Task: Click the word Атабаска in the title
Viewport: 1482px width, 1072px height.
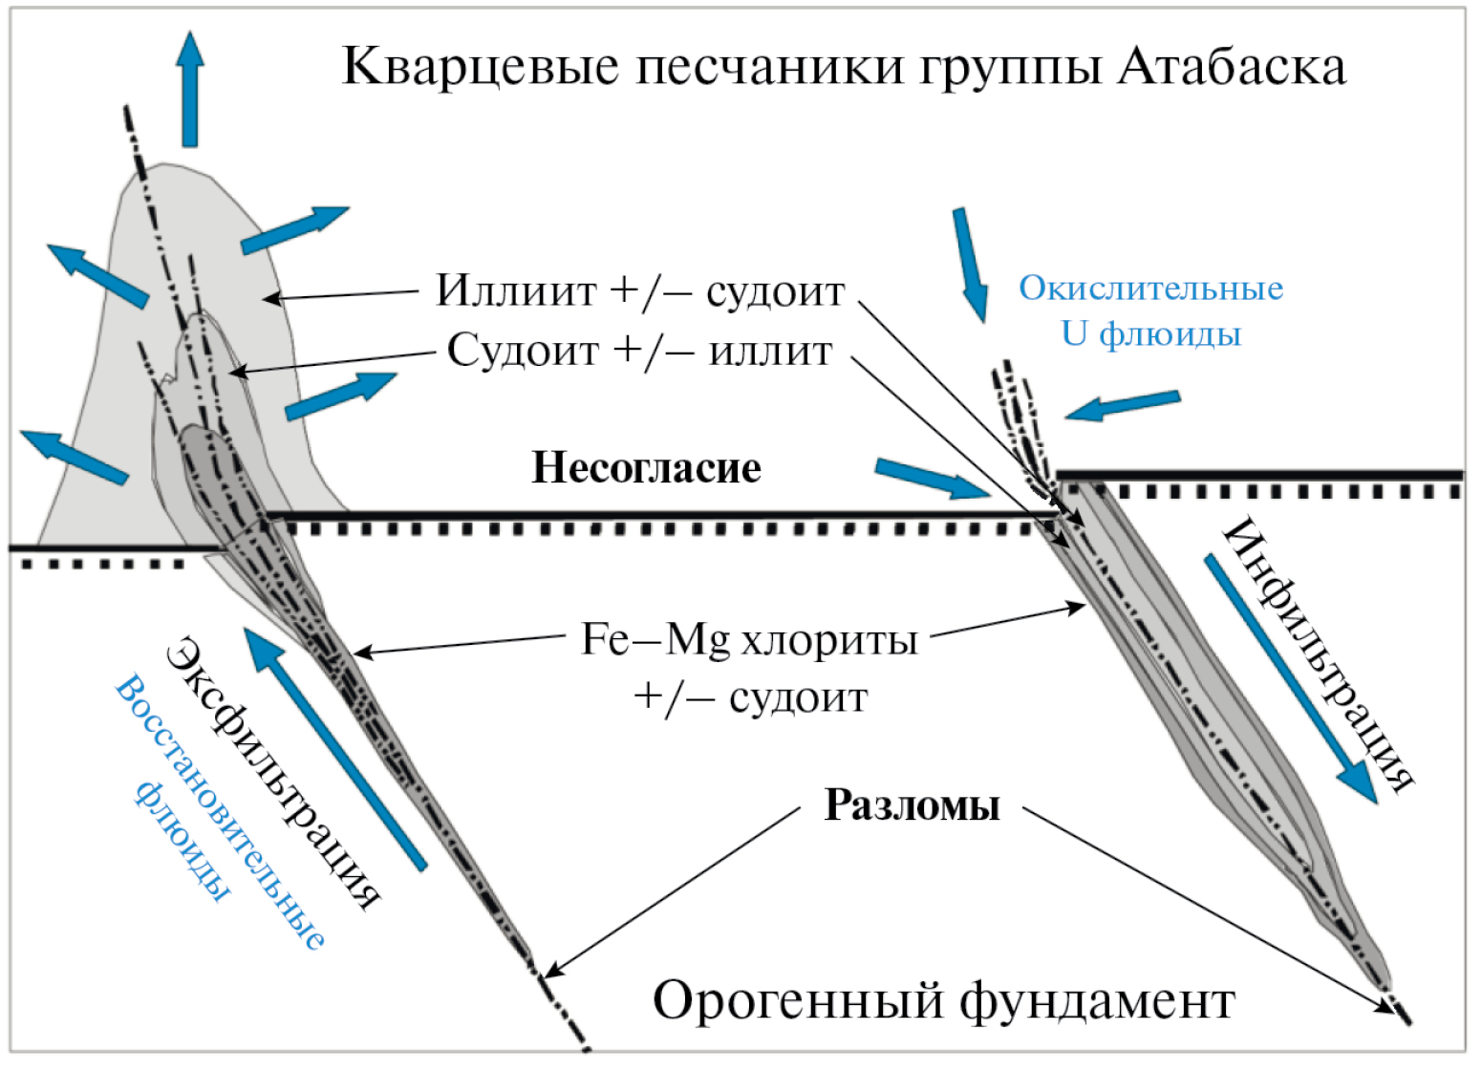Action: click(x=1233, y=67)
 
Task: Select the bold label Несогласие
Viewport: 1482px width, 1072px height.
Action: click(x=646, y=468)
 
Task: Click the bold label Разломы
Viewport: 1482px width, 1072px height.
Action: click(x=912, y=805)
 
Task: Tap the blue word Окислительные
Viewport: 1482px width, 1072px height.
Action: click(x=1150, y=289)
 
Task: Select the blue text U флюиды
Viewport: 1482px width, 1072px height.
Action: click(x=1150, y=334)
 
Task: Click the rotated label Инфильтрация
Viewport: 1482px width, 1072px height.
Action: click(x=1319, y=654)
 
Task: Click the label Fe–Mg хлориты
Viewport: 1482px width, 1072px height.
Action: click(x=749, y=640)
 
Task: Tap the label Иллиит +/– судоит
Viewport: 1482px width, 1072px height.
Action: click(x=640, y=291)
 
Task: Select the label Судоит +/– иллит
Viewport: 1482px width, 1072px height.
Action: click(x=639, y=352)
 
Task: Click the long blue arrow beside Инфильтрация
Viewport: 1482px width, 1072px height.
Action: click(x=1290, y=678)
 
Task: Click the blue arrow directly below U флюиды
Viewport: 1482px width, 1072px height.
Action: click(x=1123, y=405)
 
